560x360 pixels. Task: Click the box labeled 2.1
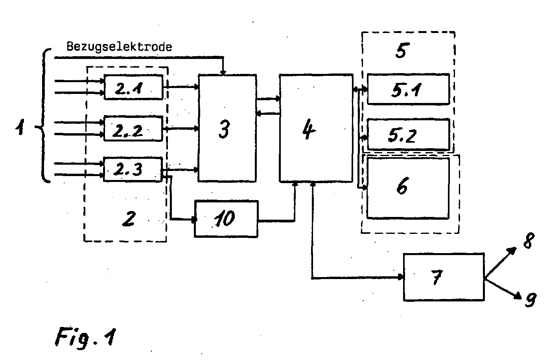133,87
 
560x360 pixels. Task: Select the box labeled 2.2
133,129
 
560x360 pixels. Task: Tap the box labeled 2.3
133,169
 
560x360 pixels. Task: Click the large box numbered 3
227,128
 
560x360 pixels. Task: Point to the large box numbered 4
316,129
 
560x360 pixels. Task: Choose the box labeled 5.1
408,89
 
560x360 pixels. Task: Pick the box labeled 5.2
408,134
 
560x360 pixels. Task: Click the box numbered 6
408,188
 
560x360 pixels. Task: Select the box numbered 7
444,277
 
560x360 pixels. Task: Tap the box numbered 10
226,219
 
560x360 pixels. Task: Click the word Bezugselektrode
119,47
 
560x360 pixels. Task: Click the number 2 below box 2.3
128,219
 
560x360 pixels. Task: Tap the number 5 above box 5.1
400,51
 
